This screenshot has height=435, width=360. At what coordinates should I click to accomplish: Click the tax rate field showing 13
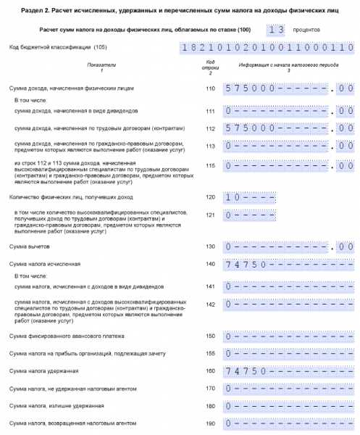(x=275, y=30)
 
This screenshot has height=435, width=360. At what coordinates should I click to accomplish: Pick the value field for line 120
(x=249, y=197)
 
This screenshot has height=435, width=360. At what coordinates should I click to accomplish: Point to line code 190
(x=211, y=423)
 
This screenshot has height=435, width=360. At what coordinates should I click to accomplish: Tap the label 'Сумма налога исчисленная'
(x=44, y=264)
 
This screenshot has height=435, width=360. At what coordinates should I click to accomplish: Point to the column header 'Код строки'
(x=211, y=66)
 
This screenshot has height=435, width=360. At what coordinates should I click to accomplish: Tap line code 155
(x=211, y=353)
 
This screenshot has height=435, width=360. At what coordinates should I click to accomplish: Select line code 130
(x=211, y=247)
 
